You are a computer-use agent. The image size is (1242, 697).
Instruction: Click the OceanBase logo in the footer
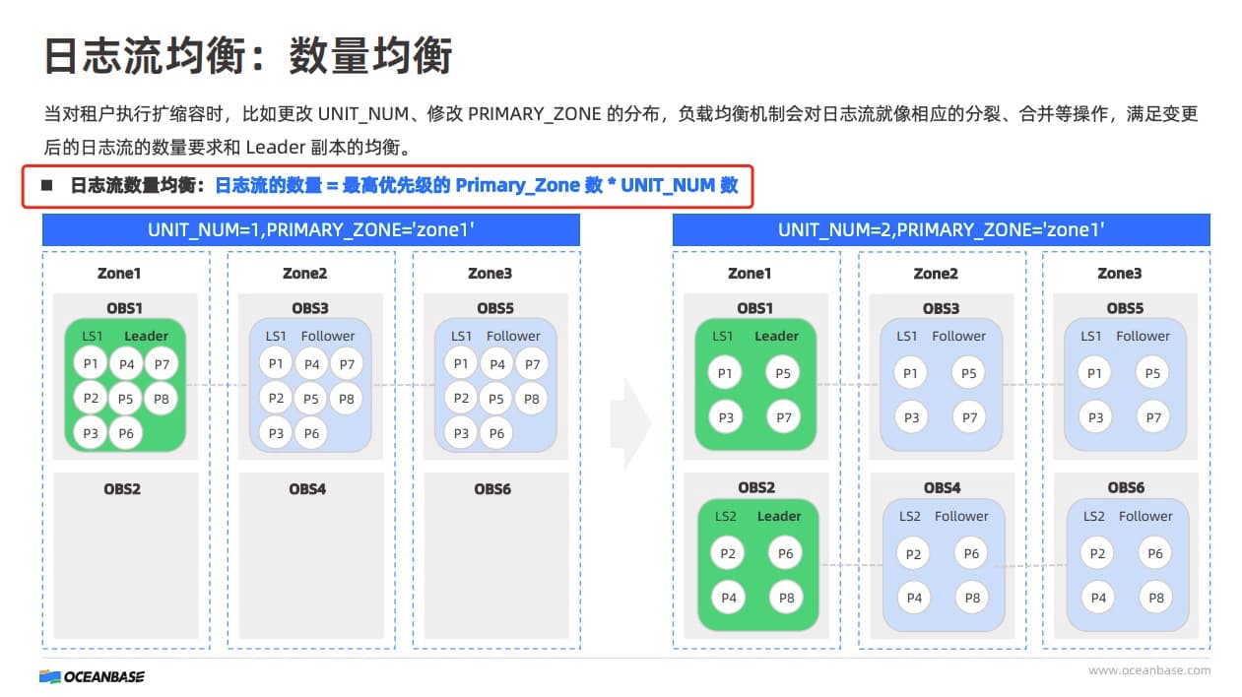click(92, 676)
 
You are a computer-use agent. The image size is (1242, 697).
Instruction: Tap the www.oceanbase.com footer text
click(1149, 670)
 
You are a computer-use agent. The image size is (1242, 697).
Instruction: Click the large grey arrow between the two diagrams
click(630, 424)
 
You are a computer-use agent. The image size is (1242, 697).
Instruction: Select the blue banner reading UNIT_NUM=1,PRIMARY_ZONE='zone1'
click(311, 230)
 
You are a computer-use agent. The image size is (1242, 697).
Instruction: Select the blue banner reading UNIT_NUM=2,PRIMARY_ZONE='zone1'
click(942, 230)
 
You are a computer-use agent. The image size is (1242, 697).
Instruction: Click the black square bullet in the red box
click(47, 185)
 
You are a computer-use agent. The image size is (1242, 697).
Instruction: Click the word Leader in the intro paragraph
click(276, 148)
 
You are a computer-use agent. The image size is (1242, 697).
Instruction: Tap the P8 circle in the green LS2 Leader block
click(786, 598)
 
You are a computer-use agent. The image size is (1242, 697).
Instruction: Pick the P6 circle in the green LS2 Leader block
click(785, 553)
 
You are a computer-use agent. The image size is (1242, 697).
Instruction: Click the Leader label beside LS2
click(779, 517)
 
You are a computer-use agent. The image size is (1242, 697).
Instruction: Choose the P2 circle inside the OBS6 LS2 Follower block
click(1097, 553)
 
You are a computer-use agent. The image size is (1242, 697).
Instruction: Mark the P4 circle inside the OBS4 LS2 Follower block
click(914, 598)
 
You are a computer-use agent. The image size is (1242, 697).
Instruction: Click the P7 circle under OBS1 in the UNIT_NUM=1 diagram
click(162, 364)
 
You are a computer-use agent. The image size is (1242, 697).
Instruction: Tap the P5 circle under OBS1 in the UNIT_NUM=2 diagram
click(782, 373)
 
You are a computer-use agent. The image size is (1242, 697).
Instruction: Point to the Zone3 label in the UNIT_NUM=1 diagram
click(490, 273)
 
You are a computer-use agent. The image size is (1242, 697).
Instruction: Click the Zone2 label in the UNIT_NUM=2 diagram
click(936, 274)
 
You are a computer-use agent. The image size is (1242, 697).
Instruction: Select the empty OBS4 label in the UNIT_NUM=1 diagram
click(307, 489)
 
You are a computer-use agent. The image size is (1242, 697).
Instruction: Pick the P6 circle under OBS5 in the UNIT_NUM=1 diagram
click(496, 433)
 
